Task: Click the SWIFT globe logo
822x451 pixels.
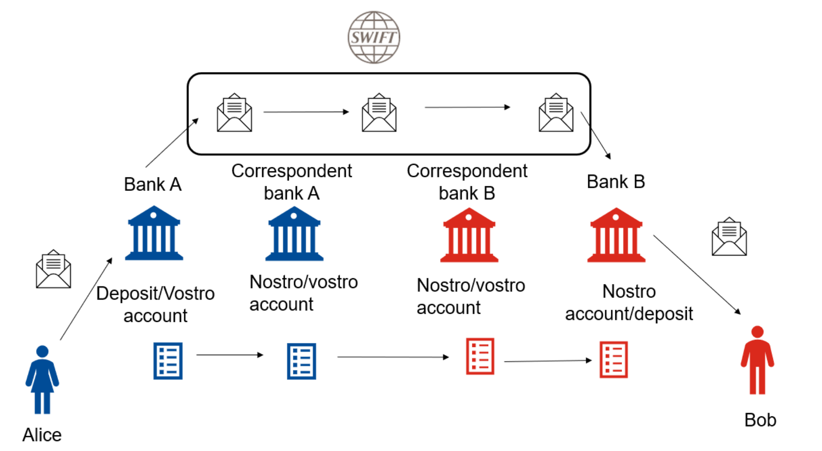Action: (373, 37)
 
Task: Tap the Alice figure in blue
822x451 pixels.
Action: (42, 379)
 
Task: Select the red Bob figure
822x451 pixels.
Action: (757, 360)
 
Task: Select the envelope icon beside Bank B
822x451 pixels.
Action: (729, 237)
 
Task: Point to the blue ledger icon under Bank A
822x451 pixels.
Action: (168, 361)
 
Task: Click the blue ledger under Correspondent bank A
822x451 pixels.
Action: (301, 361)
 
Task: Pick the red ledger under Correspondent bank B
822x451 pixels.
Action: (480, 356)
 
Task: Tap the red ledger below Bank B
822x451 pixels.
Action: (613, 360)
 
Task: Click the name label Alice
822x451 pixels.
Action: (42, 435)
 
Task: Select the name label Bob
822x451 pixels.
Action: (760, 420)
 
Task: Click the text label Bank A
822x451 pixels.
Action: (153, 184)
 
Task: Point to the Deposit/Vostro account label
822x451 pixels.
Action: (155, 304)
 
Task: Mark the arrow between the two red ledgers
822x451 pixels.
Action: (547, 361)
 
